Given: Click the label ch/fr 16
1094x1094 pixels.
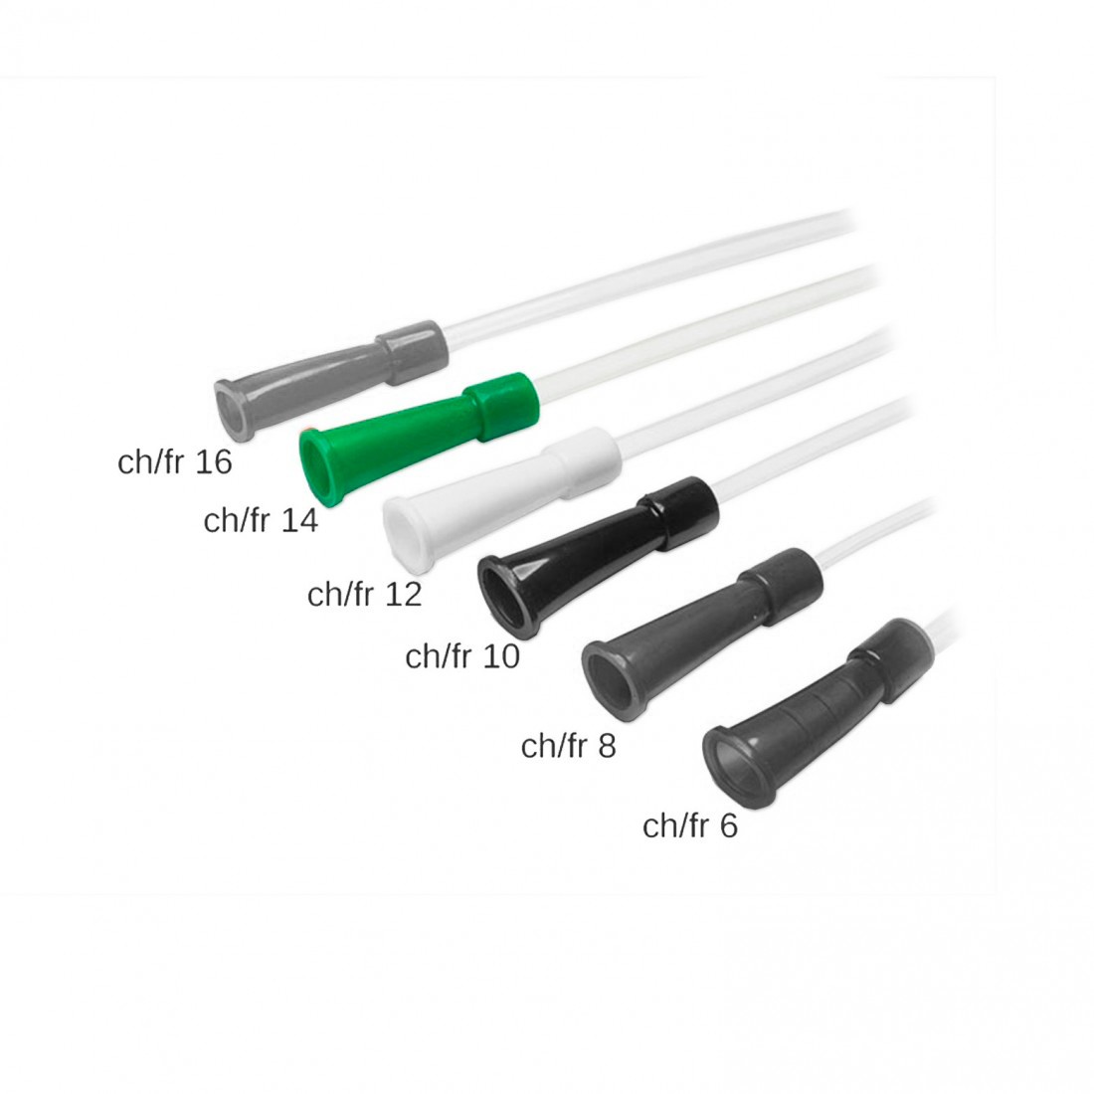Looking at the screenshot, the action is coord(174,461).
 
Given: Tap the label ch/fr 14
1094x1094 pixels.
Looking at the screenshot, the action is coord(261,520).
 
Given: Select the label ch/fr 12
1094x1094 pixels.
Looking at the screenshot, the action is coord(364,594).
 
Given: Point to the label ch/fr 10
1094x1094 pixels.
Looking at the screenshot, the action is coord(462,655).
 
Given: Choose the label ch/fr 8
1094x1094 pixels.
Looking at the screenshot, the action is coord(569,746).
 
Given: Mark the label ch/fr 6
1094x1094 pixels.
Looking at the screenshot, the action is coord(690,825).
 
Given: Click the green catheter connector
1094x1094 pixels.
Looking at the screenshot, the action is coord(419,438).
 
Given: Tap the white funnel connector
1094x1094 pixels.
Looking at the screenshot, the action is coord(502,496).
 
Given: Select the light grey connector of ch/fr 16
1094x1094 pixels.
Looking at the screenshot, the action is coord(330,380).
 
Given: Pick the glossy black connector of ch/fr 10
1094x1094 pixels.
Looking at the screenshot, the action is coord(598,555).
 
